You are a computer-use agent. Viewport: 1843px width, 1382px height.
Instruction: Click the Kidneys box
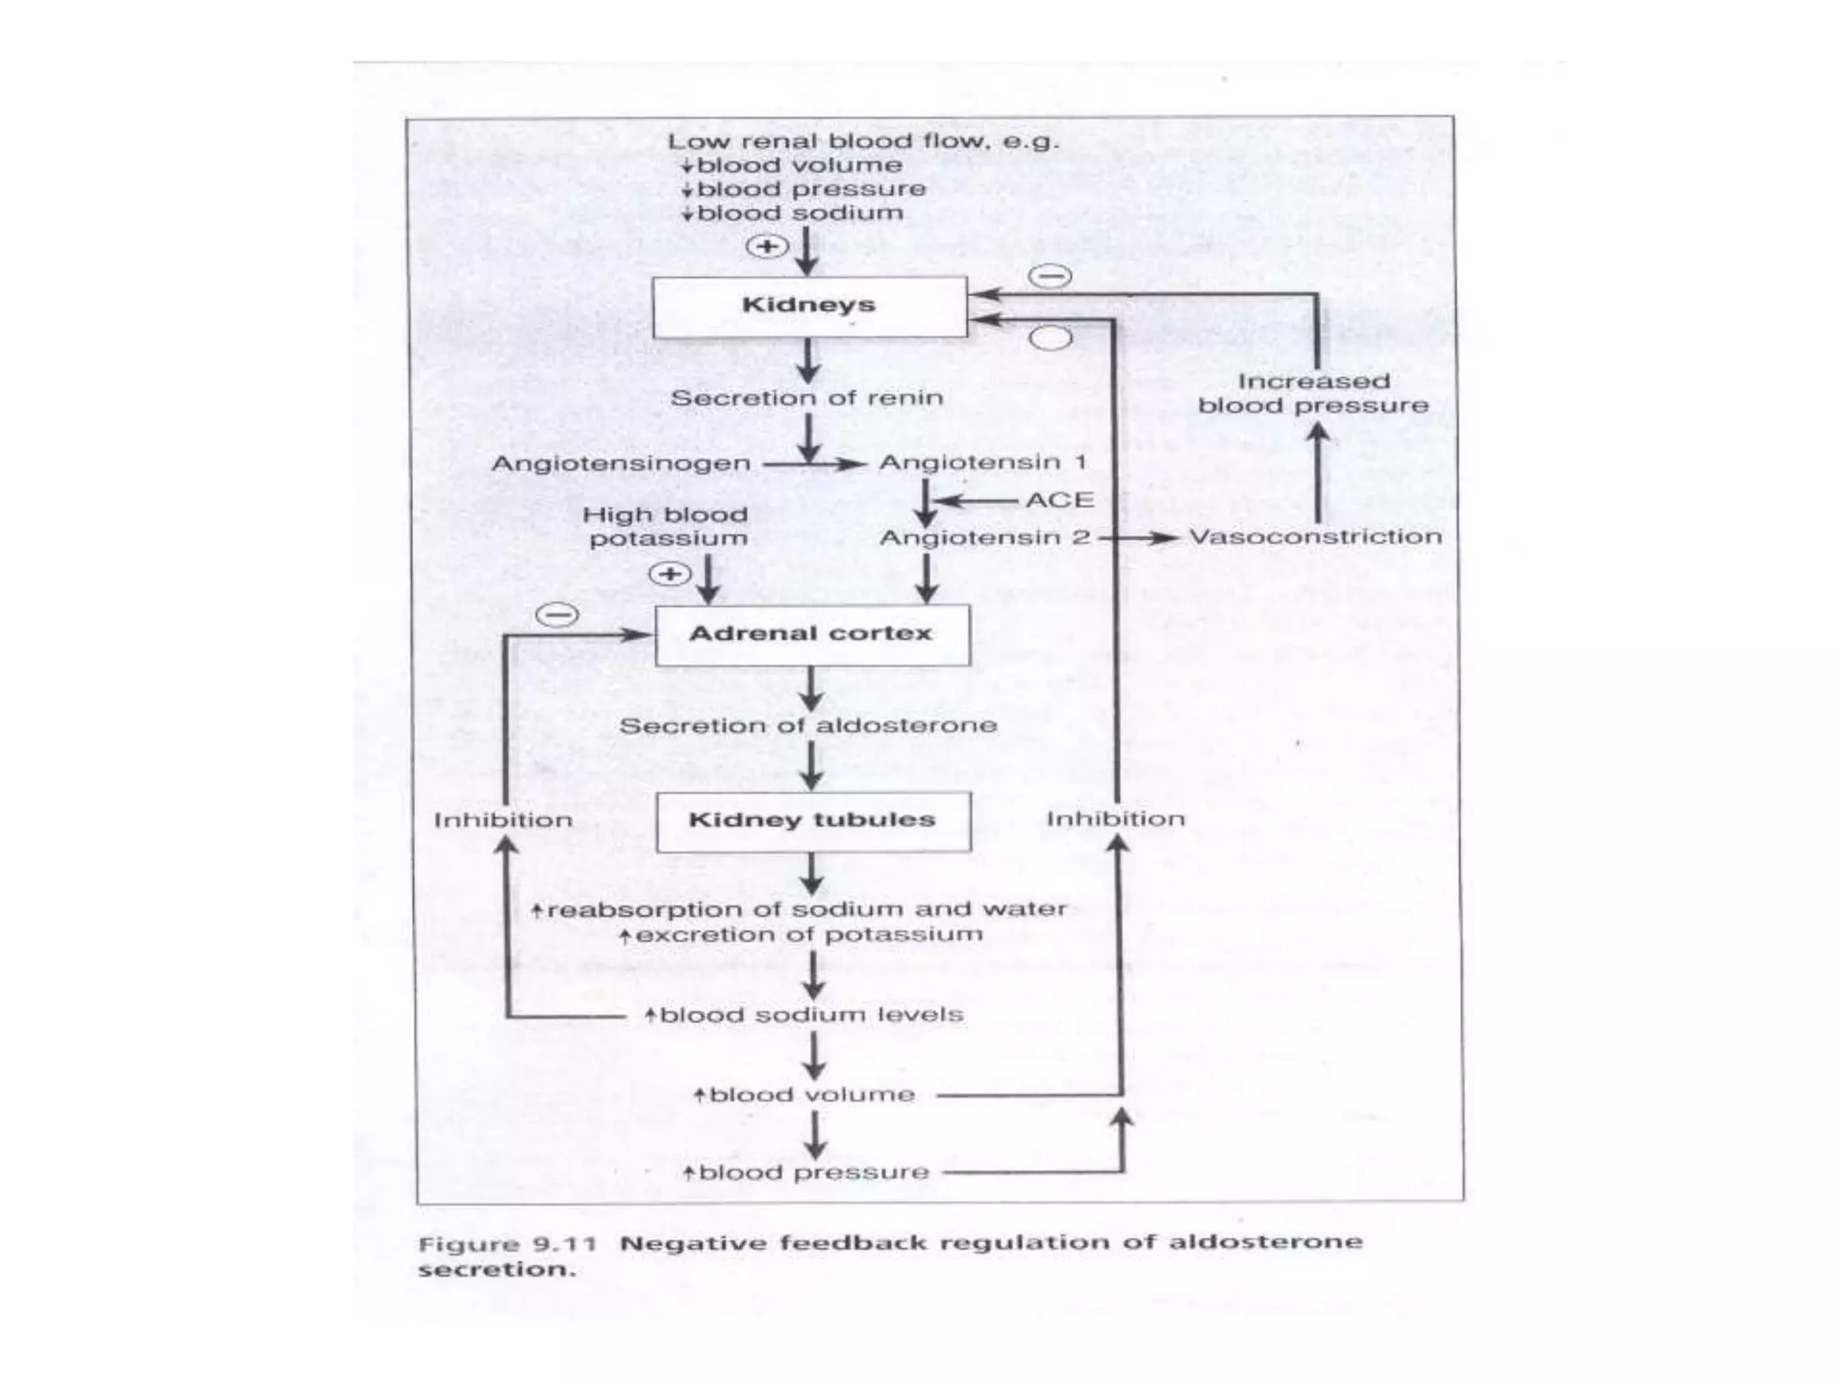pyautogui.click(x=809, y=307)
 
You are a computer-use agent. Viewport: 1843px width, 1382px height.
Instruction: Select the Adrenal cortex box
pyautogui.click(x=812, y=635)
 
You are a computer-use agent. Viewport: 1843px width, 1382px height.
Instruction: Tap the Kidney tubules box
pyautogui.click(x=813, y=821)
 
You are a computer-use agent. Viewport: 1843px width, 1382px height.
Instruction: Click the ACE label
pyautogui.click(x=1060, y=500)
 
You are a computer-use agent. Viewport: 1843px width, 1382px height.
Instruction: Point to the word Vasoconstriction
pyautogui.click(x=1315, y=537)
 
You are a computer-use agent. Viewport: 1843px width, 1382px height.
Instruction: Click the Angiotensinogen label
pyautogui.click(x=621, y=464)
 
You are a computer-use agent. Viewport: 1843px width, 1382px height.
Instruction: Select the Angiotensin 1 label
pyautogui.click(x=983, y=462)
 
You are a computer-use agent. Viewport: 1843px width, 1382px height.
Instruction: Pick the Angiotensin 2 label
pyautogui.click(x=984, y=538)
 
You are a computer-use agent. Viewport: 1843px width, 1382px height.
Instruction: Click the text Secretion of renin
pyautogui.click(x=806, y=399)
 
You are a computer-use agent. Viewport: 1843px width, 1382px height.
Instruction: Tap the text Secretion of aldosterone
pyautogui.click(x=808, y=726)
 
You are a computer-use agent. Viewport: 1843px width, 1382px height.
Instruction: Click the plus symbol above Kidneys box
pyautogui.click(x=768, y=247)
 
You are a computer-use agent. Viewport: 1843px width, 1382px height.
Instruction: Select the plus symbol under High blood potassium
pyautogui.click(x=670, y=574)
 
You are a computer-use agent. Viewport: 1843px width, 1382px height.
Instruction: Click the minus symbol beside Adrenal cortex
pyautogui.click(x=558, y=615)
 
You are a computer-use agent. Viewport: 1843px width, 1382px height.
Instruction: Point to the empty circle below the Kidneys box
pyautogui.click(x=1050, y=338)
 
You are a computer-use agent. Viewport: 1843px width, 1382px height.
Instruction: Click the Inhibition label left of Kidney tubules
pyautogui.click(x=503, y=821)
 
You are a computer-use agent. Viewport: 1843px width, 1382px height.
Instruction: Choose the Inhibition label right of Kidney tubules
pyautogui.click(x=1115, y=820)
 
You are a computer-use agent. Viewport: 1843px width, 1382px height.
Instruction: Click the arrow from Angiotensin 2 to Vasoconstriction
pyautogui.click(x=1138, y=538)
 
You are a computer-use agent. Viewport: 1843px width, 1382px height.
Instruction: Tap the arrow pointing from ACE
pyautogui.click(x=976, y=501)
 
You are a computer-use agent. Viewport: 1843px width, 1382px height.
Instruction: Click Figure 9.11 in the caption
pyautogui.click(x=508, y=1245)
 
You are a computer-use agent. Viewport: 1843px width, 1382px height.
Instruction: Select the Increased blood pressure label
pyautogui.click(x=1313, y=394)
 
